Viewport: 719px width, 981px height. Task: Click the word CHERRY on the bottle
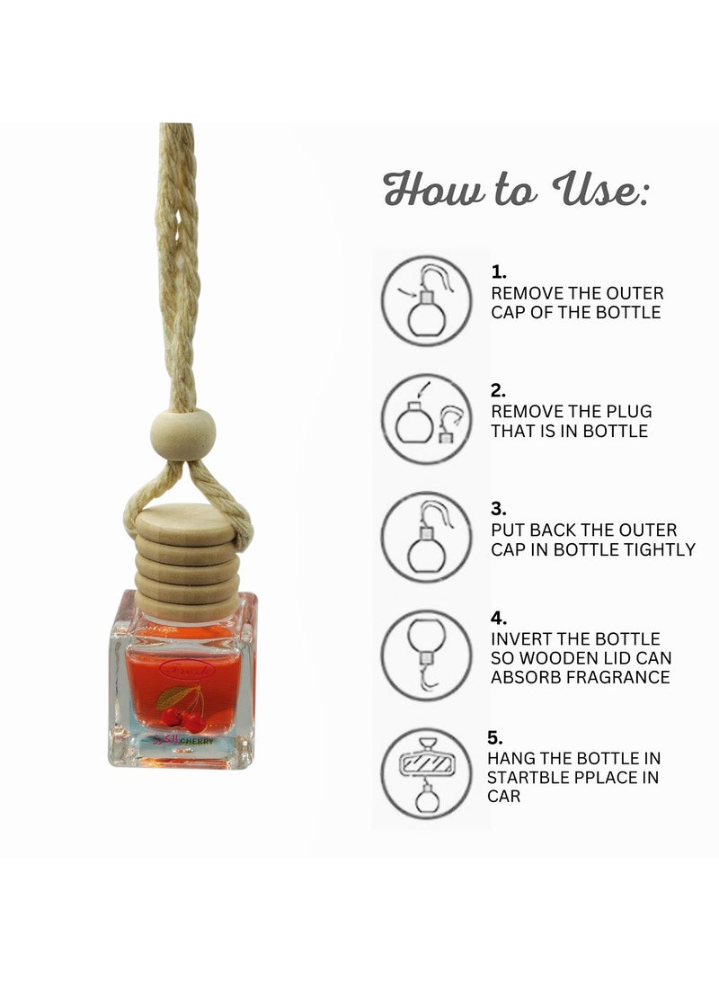[194, 742]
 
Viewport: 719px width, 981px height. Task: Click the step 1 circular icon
[426, 300]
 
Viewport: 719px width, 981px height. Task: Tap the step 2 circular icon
[426, 418]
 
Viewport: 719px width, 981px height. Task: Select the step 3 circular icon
[426, 537]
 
